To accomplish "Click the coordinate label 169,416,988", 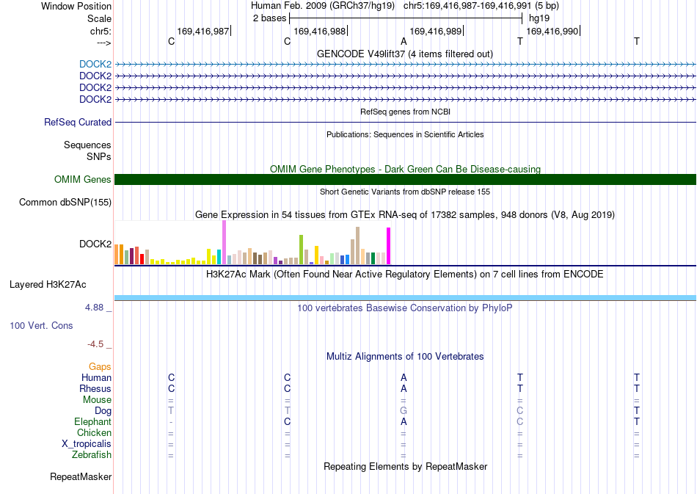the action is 320,31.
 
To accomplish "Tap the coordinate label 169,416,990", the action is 552,31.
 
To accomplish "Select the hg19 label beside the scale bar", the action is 539,18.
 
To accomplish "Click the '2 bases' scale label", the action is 269,18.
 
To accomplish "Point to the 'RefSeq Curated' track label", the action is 78,123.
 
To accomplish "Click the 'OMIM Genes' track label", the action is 83,179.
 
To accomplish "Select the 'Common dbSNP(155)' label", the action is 65,203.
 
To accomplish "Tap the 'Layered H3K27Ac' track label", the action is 48,285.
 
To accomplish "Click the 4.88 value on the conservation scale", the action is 94,308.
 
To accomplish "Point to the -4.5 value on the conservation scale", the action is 95,344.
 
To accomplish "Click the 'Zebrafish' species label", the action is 92,454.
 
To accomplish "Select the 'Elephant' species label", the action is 93,421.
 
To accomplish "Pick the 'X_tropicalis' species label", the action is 87,444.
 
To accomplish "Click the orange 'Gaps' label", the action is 100,366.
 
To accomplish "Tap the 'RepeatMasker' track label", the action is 81,476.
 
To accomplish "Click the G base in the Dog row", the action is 404,410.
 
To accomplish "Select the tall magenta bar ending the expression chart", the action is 389,246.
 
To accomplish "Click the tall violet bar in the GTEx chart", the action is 224,242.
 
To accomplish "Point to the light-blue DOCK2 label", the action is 95,64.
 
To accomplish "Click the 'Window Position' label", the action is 76,6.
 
